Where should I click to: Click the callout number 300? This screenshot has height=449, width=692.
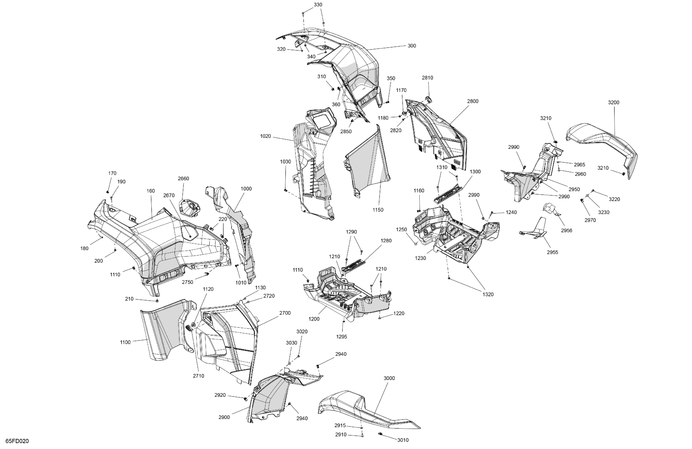(x=412, y=46)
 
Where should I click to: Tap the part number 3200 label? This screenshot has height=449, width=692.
(x=614, y=102)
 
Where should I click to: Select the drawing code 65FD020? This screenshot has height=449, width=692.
(x=17, y=441)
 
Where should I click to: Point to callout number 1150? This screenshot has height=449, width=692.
(x=378, y=210)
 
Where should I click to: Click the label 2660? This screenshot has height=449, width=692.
(x=183, y=178)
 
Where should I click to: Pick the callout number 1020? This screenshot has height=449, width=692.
(x=266, y=136)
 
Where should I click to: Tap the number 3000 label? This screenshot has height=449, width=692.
(x=389, y=378)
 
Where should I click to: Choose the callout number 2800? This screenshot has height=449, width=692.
(x=473, y=101)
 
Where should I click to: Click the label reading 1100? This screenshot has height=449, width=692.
(x=125, y=342)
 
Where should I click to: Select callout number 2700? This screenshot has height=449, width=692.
(x=285, y=313)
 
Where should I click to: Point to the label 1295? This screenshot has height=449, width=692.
(x=342, y=337)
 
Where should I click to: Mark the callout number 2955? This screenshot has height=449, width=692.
(x=552, y=252)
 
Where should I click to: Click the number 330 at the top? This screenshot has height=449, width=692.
(x=318, y=5)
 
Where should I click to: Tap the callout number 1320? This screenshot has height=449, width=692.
(x=488, y=294)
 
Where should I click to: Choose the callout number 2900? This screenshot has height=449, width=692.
(x=224, y=417)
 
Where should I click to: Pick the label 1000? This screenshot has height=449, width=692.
(x=246, y=189)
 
